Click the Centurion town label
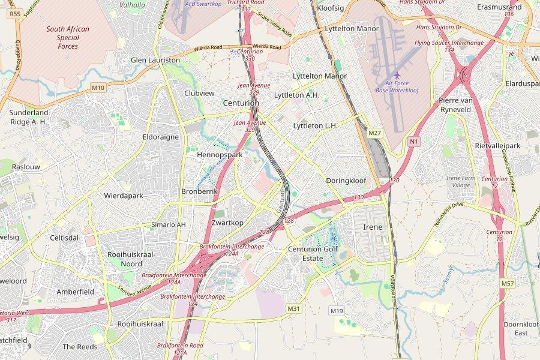pos(241,103)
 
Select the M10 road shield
pos(98,88)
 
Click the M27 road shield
pos(375,133)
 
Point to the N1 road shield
pos(413,141)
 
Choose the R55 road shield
pos(15,13)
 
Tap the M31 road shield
pos(293,308)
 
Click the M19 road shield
pos(337,311)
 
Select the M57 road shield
pos(507,283)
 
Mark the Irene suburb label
pos(373,227)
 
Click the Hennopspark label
pos(220,155)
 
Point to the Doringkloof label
pos(346,181)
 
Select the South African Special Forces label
pos(68,37)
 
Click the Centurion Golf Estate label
pos(313,253)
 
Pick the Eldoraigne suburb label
pos(160,137)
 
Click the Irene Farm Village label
pos(461,182)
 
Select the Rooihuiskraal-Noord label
pos(131,259)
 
